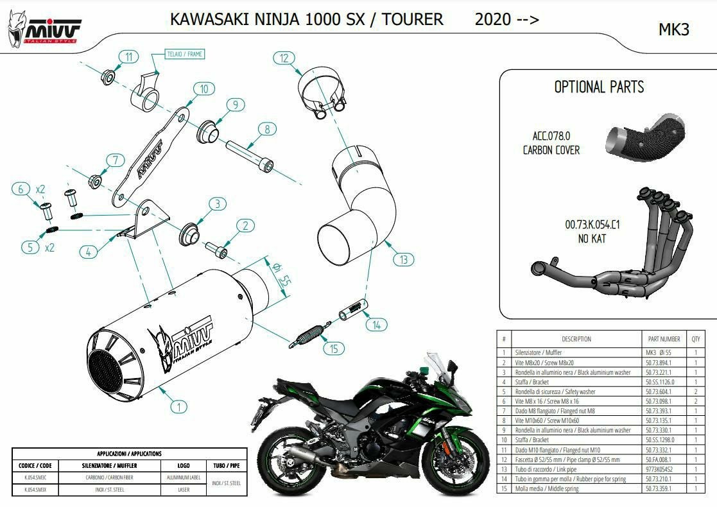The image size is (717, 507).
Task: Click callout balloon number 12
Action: click(283, 58)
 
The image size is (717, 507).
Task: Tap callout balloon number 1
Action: click(179, 406)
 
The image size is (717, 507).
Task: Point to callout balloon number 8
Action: click(267, 129)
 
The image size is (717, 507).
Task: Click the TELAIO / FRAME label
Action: click(185, 55)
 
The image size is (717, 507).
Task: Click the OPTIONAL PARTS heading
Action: click(598, 87)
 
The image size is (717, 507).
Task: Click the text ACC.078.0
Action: click(551, 135)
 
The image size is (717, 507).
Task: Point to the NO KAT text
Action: click(592, 239)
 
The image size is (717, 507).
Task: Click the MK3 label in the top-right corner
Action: click(674, 30)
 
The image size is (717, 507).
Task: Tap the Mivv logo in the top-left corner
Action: click(44, 27)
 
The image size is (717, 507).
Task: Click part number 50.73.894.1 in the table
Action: click(660, 362)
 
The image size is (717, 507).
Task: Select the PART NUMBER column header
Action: click(660, 339)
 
